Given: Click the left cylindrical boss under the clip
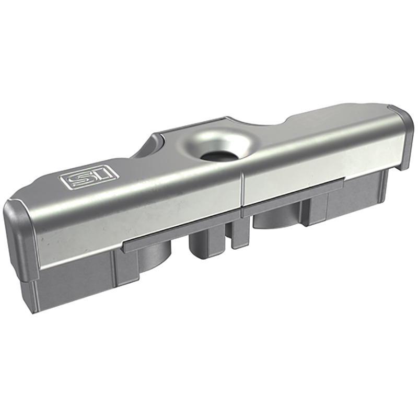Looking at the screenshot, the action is pos(154,256).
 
